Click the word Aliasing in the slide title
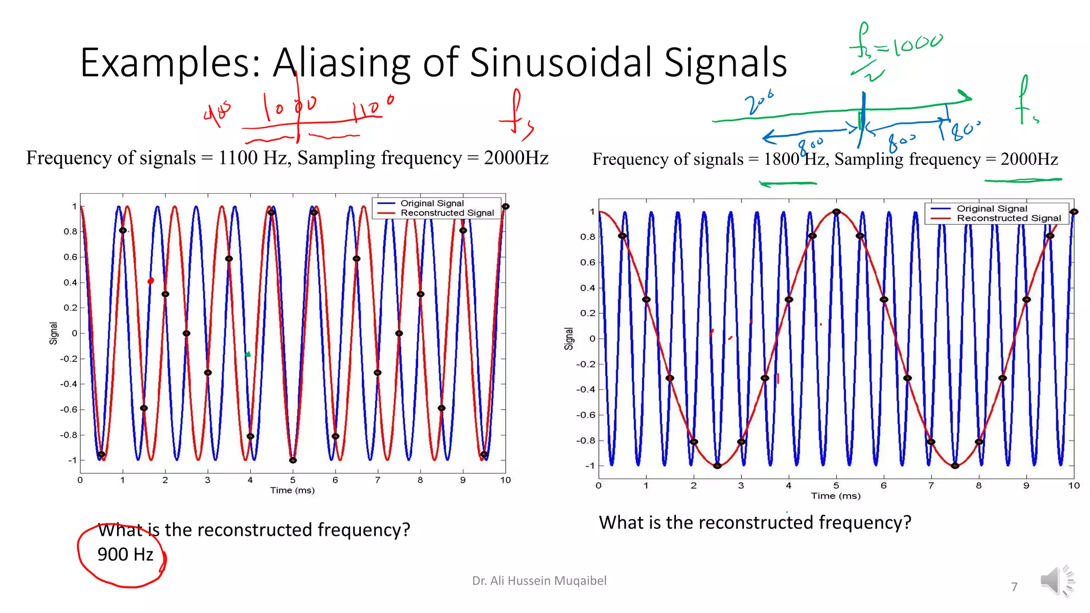coord(341,63)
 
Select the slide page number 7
coord(1014,587)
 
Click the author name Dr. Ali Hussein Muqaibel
coord(539,581)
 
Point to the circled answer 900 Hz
coord(125,554)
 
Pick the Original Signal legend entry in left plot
coord(432,203)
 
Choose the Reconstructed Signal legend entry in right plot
coord(1008,218)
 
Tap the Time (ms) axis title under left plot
coord(292,490)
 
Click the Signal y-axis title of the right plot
coord(568,338)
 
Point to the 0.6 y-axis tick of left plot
coord(70,257)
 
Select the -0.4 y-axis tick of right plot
coord(585,390)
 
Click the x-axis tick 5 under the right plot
coord(836,485)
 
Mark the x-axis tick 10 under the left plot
coord(505,480)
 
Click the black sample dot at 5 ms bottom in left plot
coord(293,460)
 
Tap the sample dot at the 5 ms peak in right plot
coord(837,212)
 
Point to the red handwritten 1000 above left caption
coord(291,106)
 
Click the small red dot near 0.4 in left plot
coord(151,281)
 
